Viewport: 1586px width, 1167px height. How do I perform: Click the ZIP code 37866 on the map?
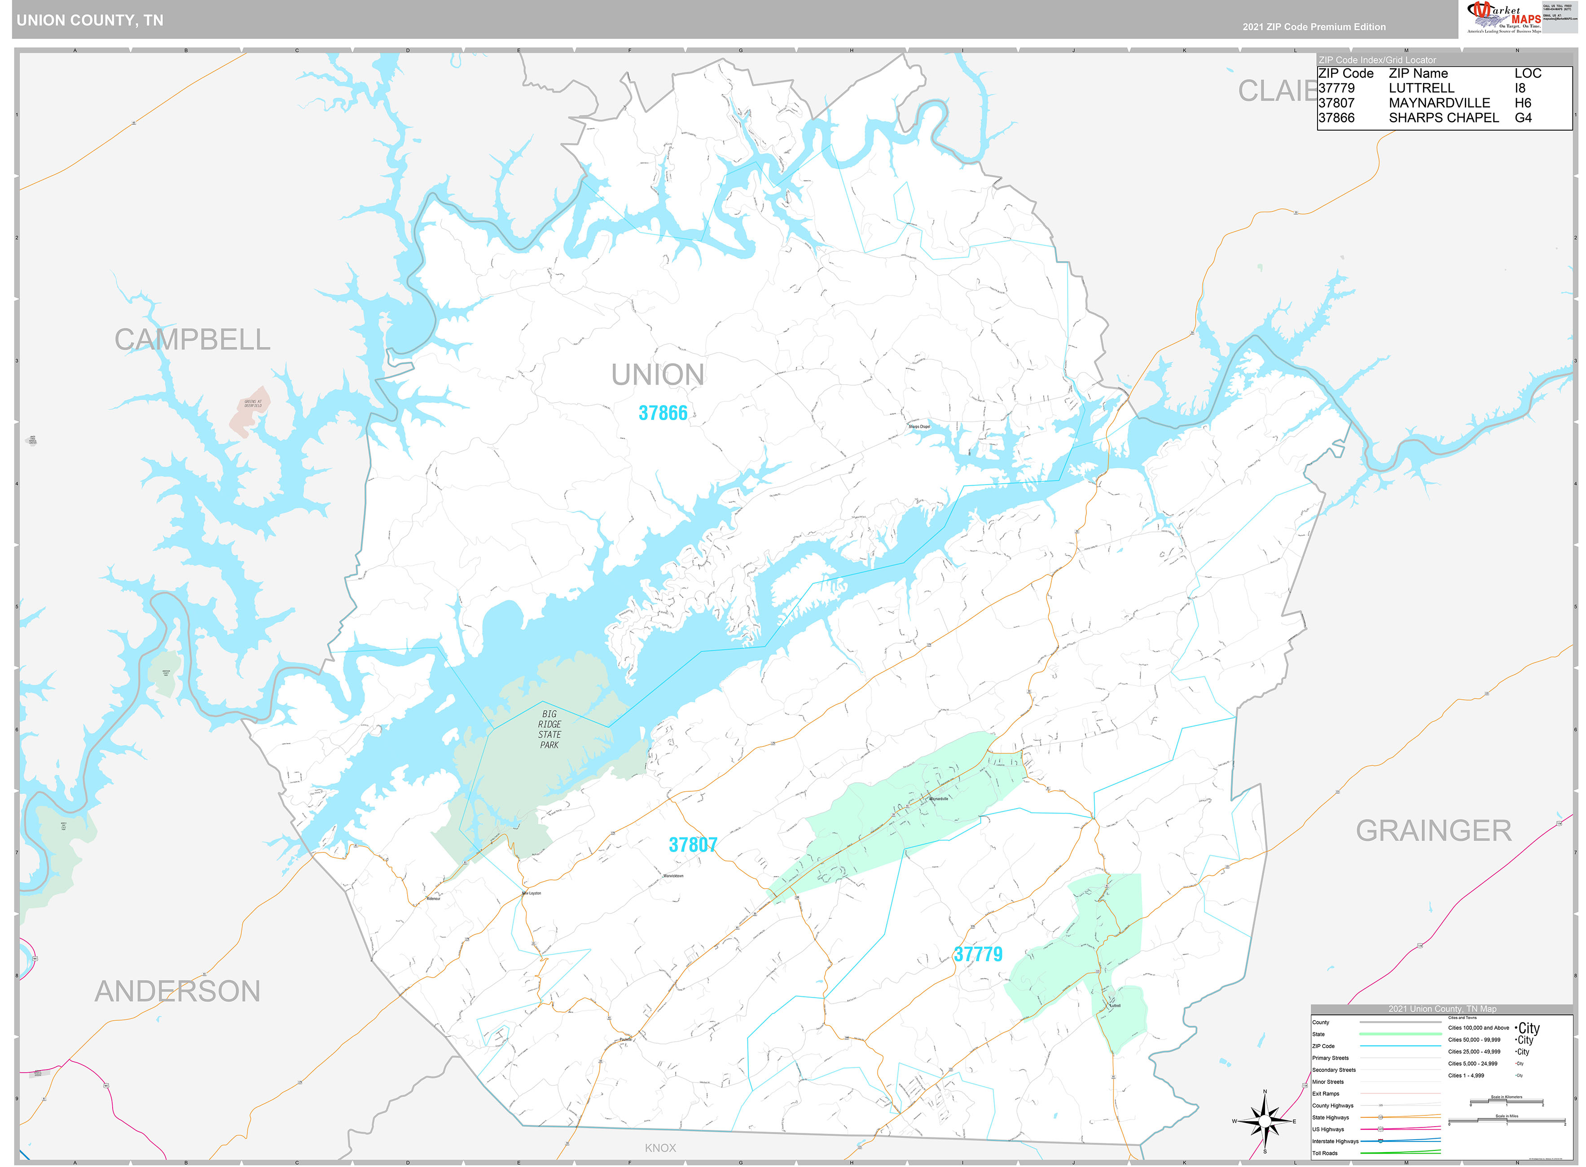[x=662, y=413]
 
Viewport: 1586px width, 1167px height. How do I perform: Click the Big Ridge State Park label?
[x=549, y=729]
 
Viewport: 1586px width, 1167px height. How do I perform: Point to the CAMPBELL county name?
[x=192, y=340]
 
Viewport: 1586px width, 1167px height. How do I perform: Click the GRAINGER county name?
[x=1433, y=831]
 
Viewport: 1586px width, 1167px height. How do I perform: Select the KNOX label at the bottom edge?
[x=660, y=1148]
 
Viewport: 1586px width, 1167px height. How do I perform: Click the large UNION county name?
[x=657, y=375]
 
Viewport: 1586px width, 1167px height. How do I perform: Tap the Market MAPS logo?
[x=1503, y=17]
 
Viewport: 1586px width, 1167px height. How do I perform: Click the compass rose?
[x=1265, y=1121]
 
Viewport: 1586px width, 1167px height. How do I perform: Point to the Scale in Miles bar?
[x=1506, y=1122]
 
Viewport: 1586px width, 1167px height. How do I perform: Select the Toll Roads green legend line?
[x=1400, y=1153]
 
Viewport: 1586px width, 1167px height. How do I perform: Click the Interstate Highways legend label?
[x=1335, y=1141]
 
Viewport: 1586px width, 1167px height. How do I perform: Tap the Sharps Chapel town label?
[x=919, y=427]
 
